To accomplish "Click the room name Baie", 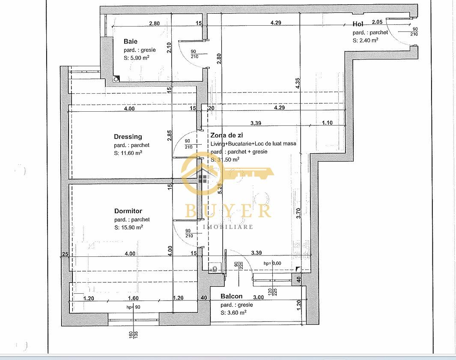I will coord(131,42).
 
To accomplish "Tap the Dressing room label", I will coord(128,137).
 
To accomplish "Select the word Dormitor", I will coord(128,211).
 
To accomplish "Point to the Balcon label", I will coord(231,296).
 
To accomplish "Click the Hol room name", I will coord(358,24).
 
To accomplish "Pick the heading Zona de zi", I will coord(227,135).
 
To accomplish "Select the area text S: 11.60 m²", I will coord(128,153).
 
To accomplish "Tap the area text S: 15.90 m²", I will coord(128,227).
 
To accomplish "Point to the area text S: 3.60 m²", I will coord(233,312).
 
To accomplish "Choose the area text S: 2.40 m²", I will coord(365,40).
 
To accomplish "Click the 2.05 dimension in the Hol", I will coord(377,22).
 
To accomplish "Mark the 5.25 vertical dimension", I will coord(220,189).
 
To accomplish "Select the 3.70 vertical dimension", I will coord(298,213).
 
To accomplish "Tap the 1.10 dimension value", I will coord(327,123).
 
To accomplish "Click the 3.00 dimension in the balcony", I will coord(259,297).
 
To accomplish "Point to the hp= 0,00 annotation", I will coord(272,263).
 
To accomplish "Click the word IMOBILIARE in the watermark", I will coord(228,226).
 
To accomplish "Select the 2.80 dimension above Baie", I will coord(154,23).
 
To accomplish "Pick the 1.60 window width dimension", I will coord(133,298).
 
